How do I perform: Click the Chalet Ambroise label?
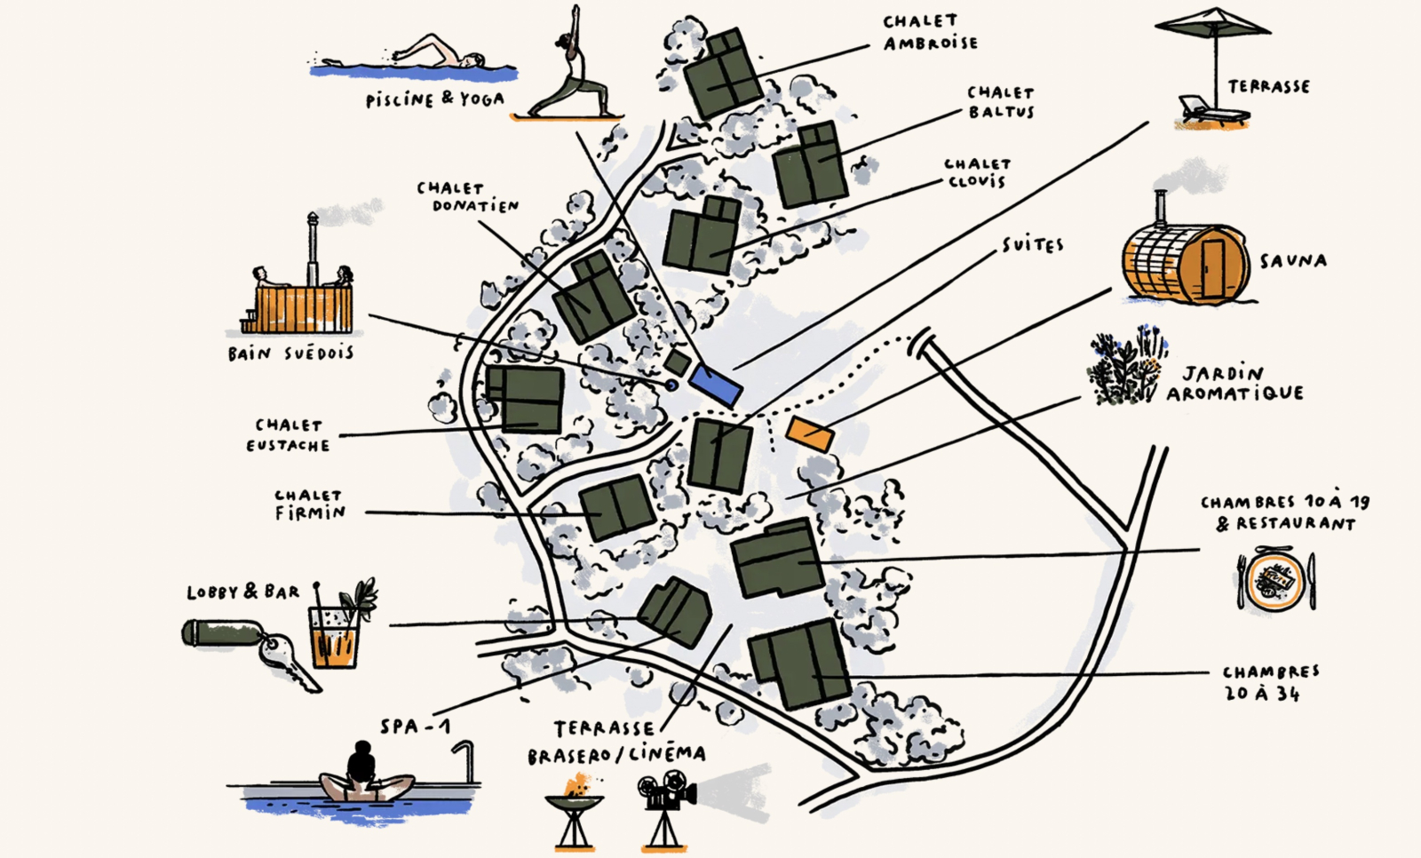point(930,32)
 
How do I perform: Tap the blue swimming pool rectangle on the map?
point(715,384)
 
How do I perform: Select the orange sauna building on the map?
point(810,433)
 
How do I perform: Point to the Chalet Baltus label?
point(1001,102)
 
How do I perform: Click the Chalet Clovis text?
point(977,172)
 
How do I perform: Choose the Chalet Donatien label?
point(467,196)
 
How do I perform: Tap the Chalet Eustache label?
point(289,435)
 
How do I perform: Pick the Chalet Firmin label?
point(309,504)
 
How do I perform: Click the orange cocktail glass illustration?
point(334,635)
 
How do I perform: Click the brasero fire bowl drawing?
point(574,804)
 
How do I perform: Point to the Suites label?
point(1032,244)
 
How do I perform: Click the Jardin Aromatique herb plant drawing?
point(1126,369)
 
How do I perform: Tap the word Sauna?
point(1293,260)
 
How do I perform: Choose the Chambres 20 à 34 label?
point(1270,682)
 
